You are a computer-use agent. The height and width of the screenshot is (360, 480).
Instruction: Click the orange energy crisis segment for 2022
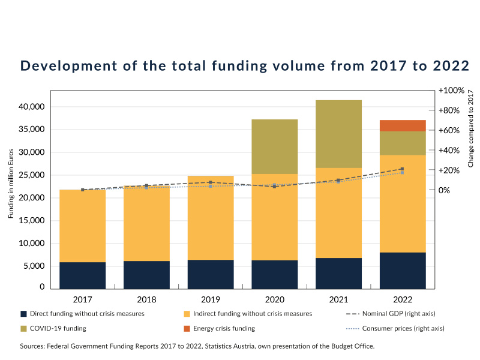[403, 125]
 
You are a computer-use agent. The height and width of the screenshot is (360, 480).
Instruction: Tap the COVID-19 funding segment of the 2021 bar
[338, 134]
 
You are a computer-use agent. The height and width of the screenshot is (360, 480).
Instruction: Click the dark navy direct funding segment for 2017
[82, 275]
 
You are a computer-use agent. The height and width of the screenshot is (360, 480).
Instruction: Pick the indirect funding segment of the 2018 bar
[146, 223]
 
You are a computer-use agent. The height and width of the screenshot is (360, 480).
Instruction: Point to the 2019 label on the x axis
[211, 299]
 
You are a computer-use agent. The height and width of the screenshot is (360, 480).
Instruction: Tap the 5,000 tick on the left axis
[32, 266]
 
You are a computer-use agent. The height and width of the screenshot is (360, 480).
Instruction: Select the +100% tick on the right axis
[451, 91]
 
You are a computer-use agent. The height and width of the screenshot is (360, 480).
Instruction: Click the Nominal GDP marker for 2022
[402, 169]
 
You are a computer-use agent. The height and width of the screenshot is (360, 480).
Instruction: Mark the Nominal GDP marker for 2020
[274, 187]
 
